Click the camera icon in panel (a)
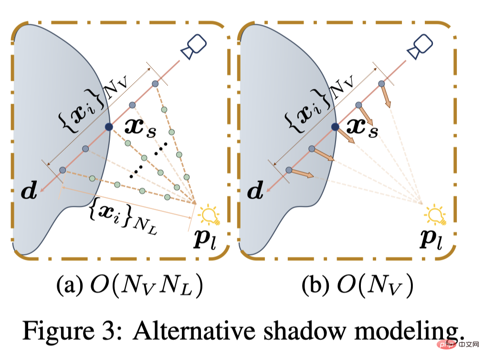193,47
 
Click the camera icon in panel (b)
420,47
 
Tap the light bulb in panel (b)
435,214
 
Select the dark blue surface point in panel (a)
109,127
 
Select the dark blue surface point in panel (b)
335,127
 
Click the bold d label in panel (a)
29,190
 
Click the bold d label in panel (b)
255,190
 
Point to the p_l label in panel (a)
205,238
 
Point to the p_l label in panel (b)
431,238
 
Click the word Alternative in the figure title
194,331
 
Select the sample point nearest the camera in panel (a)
155,84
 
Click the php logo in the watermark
448,344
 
